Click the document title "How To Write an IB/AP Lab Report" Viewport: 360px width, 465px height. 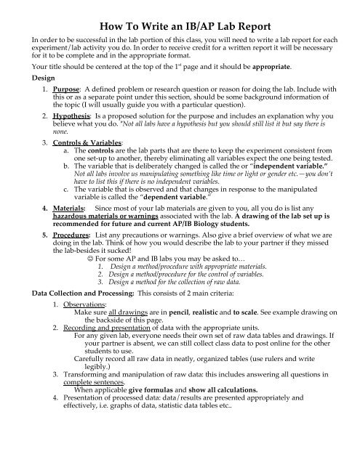point(180,15)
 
